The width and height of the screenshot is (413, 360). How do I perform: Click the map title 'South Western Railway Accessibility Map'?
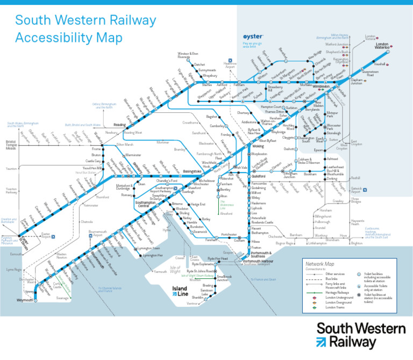pos(86,30)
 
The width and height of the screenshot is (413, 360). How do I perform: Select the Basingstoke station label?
pos(192,171)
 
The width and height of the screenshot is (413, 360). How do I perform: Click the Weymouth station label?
pos(24,300)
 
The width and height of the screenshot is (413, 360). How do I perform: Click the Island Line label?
pos(180,291)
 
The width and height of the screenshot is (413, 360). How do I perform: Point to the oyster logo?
pos(253,37)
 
